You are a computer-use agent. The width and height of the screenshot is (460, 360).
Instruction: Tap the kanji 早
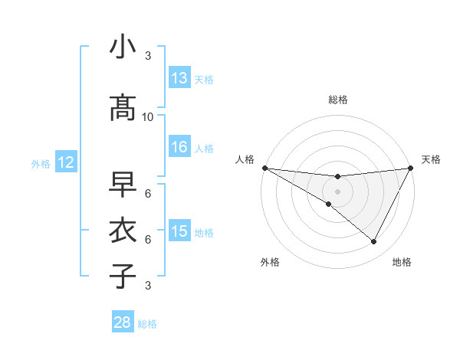point(123,185)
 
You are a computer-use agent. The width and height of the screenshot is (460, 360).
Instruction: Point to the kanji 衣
point(123,231)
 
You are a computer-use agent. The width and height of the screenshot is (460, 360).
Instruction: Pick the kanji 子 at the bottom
point(123,277)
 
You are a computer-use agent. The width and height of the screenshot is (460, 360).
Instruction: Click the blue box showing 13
point(179,78)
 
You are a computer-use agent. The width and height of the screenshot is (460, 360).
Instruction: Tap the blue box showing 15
point(179,231)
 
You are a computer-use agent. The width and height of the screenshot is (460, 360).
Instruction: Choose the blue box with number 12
point(65,162)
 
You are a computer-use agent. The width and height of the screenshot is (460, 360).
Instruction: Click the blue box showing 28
point(123,323)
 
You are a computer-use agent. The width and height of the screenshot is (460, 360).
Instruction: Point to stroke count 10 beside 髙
point(148,116)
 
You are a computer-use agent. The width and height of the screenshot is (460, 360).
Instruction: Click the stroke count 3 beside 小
point(148,56)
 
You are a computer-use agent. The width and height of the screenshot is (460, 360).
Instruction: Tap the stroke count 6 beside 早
point(148,193)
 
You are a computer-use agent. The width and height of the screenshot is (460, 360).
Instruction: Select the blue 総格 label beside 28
point(147,324)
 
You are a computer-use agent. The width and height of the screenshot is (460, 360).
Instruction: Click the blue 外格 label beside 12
point(41,163)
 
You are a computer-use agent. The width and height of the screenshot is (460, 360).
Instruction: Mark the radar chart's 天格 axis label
point(431,159)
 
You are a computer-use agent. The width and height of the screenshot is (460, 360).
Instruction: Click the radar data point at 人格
point(264,168)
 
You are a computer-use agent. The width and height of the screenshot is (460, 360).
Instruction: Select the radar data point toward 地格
point(374,242)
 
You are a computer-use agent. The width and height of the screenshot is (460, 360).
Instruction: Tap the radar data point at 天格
point(411,168)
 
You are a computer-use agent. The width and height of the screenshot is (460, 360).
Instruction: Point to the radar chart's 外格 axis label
point(270,262)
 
